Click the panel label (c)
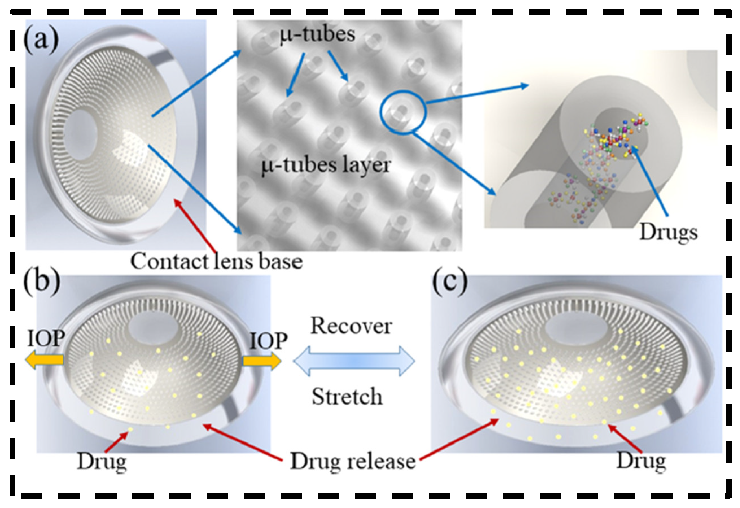pos(450,282)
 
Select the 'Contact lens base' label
pos(216,262)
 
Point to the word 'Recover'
pos(351,326)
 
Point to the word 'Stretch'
pos(347,397)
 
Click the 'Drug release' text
pos(353,461)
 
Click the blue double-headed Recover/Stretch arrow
pos(353,361)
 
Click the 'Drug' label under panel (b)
pos(102,462)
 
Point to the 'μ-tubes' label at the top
pos(318,34)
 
